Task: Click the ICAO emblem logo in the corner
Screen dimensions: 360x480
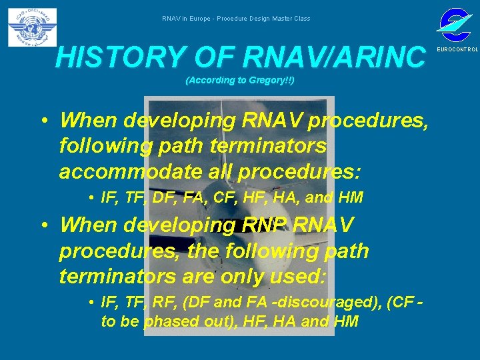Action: [32, 27]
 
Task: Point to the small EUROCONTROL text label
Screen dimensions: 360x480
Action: [457, 50]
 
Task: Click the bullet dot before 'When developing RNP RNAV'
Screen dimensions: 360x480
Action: [42, 225]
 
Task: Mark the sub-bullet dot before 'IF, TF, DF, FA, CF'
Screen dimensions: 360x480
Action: [90, 197]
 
